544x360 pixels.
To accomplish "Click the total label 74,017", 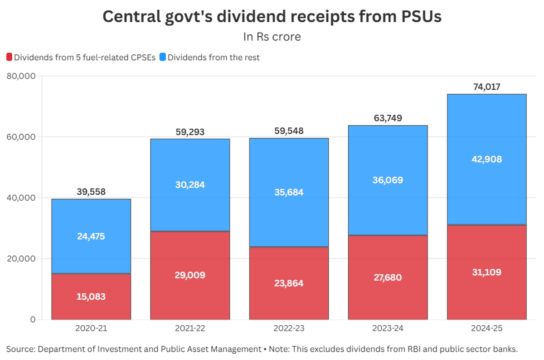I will click(486, 87).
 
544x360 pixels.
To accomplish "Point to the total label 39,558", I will click(91, 192).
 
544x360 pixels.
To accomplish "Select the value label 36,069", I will click(388, 180).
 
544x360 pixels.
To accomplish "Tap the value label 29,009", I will click(190, 275).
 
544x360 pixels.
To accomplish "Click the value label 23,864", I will click(289, 283).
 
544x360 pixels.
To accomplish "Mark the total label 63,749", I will click(388, 118).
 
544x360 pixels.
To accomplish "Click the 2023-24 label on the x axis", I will click(388, 328).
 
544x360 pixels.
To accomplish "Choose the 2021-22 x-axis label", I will click(190, 328).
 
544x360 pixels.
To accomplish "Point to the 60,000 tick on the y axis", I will click(22, 137).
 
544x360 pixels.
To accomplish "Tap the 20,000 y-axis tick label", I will click(22, 258).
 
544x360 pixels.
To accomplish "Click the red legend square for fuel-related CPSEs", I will click(9, 58).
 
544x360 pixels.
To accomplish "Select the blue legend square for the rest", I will click(163, 58).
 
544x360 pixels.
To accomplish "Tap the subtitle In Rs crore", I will click(272, 37).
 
